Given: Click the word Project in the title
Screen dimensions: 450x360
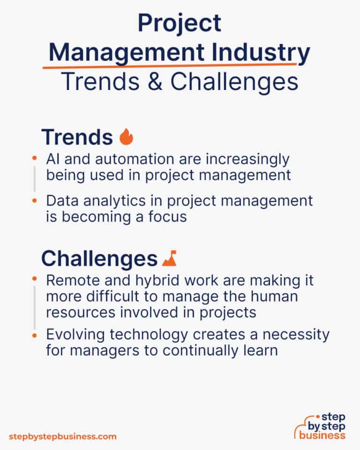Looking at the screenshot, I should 180,23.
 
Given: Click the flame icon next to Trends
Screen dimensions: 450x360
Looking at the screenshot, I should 126,137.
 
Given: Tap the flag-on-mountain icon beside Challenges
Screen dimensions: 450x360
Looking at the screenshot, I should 169,258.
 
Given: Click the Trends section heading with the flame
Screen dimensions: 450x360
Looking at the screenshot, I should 77,137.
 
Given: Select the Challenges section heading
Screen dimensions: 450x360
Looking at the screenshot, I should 99,258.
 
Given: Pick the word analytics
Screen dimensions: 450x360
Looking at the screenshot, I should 112,201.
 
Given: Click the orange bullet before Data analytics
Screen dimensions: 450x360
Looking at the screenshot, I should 34,201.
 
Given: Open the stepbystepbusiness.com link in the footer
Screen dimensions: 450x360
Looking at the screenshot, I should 62,436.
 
